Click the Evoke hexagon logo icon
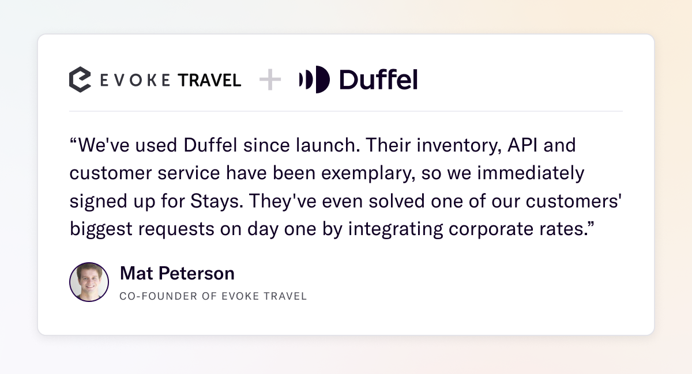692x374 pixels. (x=80, y=80)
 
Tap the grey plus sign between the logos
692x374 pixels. (x=270, y=80)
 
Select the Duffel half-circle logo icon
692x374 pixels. (x=314, y=80)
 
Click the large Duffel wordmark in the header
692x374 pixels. (x=378, y=80)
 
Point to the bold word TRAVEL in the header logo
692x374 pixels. (x=209, y=80)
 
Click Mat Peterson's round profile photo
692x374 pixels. (x=89, y=282)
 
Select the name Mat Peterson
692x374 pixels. (x=177, y=273)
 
